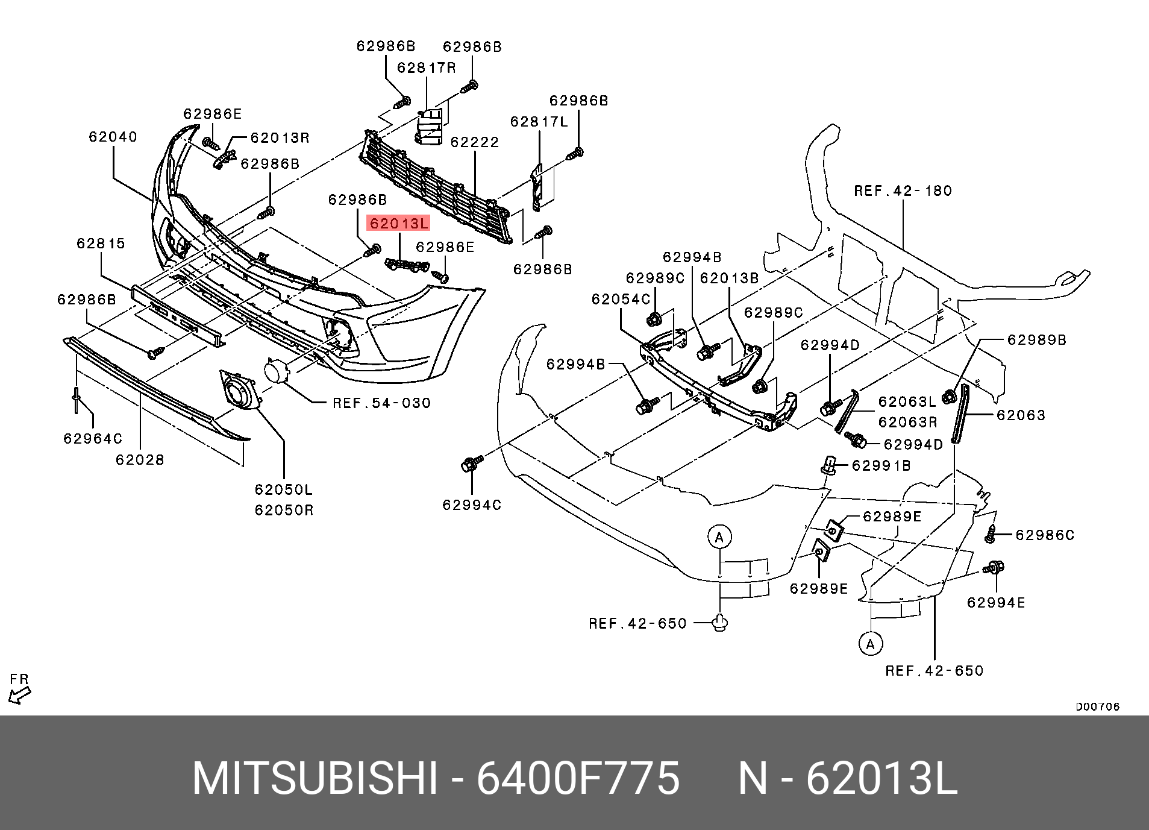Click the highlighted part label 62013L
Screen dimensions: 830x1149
pos(398,224)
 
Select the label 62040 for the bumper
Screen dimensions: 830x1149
pos(113,137)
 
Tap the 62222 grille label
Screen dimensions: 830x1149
pos(475,142)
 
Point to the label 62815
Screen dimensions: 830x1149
pos(101,244)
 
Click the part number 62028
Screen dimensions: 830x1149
pos(140,460)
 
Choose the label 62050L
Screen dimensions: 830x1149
pos(284,490)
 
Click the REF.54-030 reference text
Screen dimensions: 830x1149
pos(382,403)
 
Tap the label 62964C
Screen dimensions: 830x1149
pos(93,439)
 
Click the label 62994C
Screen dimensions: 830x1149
pos(472,505)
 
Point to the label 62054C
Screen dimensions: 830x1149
pos(621,300)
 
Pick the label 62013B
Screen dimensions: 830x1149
pos(729,278)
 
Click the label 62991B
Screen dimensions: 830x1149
pos(881,465)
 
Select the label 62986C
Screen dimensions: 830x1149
pos(1045,535)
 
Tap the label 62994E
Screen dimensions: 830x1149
pos(996,603)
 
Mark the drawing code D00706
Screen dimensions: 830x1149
pos(1098,707)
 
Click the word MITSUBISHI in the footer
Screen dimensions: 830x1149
pos(315,779)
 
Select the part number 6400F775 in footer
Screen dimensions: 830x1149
pos(578,779)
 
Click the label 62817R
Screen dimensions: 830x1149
pos(426,68)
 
